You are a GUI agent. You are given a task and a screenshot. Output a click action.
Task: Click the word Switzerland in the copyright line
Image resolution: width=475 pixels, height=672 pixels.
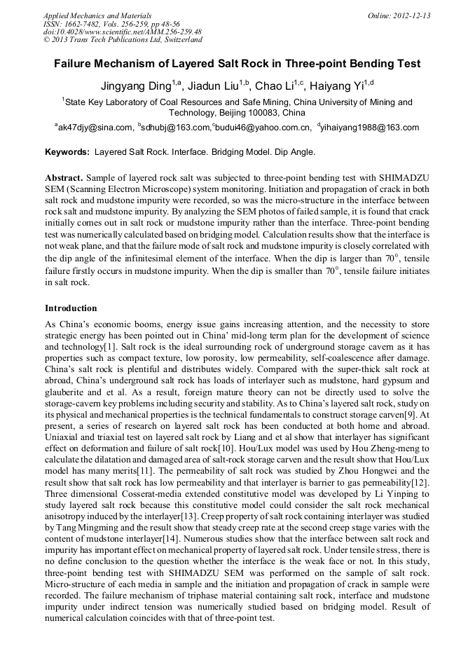178,40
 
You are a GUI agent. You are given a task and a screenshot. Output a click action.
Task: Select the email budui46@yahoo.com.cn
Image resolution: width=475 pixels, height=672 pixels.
263,128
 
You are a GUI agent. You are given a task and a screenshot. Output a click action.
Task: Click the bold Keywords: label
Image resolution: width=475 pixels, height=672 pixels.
67,151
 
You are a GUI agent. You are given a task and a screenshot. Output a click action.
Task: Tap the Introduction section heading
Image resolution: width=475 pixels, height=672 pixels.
71,308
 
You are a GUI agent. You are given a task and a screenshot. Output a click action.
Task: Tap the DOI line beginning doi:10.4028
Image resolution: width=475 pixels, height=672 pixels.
123,32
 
